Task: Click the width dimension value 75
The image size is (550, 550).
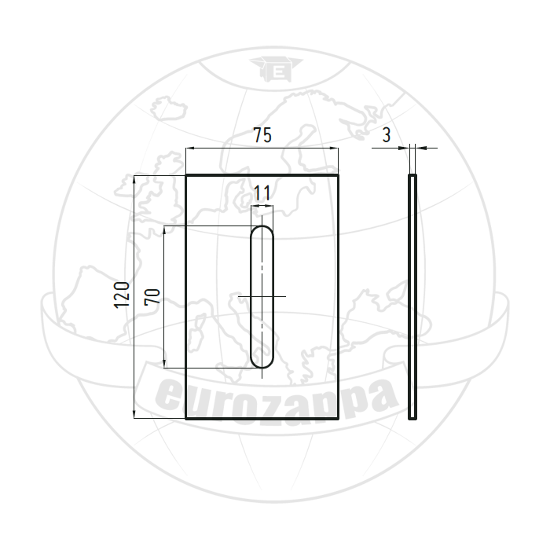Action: pos(262,135)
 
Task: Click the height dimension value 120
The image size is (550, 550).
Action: pos(122,295)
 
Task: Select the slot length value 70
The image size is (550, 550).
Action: pos(152,296)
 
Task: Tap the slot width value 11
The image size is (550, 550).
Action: pos(262,193)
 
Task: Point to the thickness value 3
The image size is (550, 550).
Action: pos(387,135)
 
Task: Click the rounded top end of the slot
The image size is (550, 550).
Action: pos(262,226)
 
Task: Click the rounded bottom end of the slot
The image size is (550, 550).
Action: pos(262,367)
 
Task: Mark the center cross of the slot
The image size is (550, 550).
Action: pos(262,297)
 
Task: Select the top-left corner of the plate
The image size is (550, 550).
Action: pos(185,174)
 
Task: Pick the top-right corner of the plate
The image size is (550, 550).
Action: pos(339,174)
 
